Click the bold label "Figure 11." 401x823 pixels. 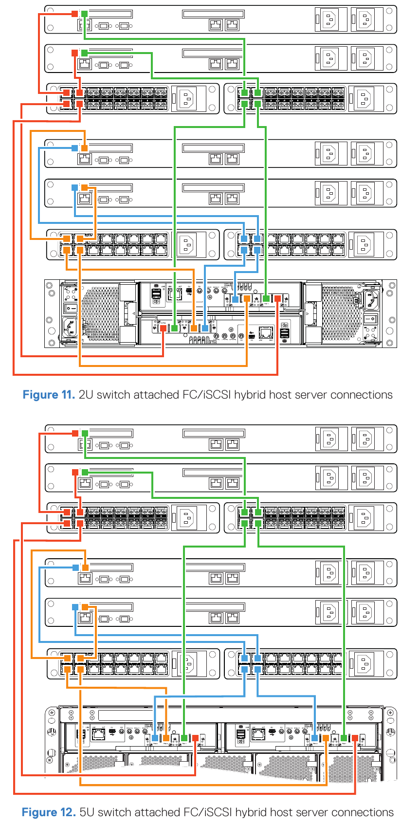coord(48,395)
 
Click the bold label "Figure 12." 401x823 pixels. coord(48,812)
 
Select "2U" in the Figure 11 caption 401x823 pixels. coord(86,395)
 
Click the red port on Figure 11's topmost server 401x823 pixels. coord(74,14)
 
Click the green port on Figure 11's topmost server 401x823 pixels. coord(85,14)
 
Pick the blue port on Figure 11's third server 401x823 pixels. coord(74,148)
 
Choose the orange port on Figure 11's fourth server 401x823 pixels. coord(85,187)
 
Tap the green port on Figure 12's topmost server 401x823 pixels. coord(85,433)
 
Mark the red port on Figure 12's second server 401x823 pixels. coord(75,472)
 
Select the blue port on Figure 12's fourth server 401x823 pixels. coord(75,607)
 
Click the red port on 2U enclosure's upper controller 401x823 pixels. coord(277,298)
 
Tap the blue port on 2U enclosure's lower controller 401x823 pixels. coord(205,328)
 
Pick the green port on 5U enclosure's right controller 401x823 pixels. coord(344,738)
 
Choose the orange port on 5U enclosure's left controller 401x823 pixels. coord(166,738)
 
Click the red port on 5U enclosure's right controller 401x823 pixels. coord(355,738)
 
